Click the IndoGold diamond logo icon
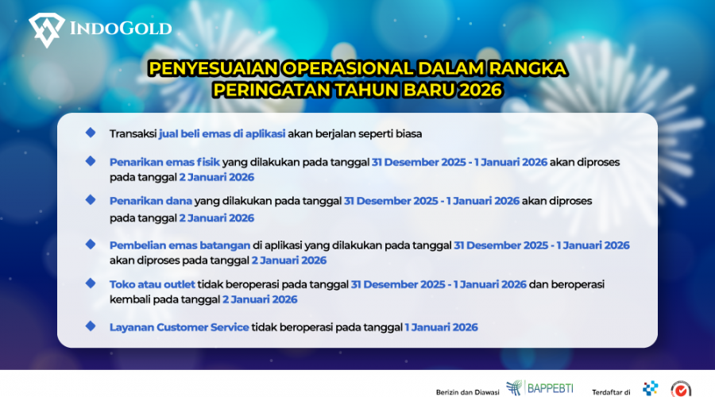click(47, 29)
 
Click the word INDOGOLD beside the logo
click(121, 29)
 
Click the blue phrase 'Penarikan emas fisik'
click(165, 161)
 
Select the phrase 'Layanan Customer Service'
click(180, 326)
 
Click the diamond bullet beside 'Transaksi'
click(91, 132)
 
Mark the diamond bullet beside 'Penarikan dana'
click(91, 200)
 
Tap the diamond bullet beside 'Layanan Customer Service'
click(91, 325)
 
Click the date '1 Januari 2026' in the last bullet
click(441, 326)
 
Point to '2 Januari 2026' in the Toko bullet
click(260, 299)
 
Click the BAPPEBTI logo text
click(548, 388)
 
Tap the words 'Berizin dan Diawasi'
click(467, 391)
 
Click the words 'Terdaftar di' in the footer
click(611, 391)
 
